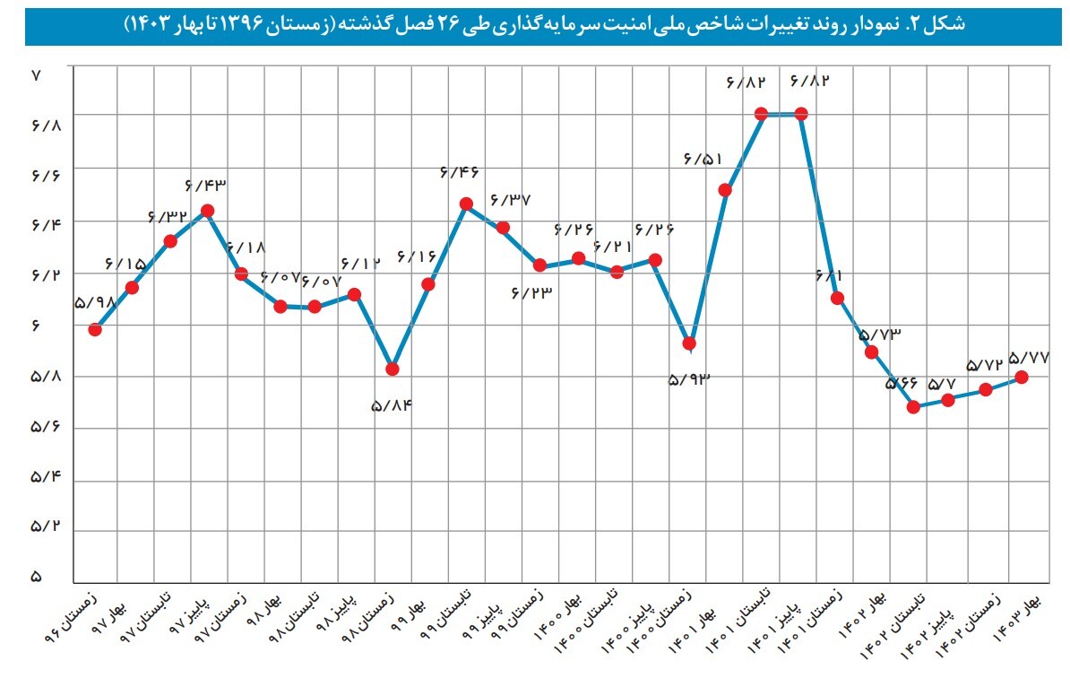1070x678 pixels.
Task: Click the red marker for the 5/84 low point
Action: pos(392,369)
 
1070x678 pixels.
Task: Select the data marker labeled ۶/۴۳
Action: pos(207,211)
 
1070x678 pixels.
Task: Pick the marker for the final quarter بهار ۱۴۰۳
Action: pos(1022,378)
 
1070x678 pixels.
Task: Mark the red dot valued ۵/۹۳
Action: pos(689,343)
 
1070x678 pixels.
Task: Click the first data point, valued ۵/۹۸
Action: pos(95,329)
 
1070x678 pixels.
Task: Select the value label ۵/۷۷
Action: pos(1030,356)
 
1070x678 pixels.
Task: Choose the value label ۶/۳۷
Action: pos(512,198)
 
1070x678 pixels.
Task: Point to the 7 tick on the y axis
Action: pos(37,76)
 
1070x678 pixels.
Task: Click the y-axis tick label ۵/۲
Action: pos(44,527)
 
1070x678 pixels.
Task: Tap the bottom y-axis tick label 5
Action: pos(37,578)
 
